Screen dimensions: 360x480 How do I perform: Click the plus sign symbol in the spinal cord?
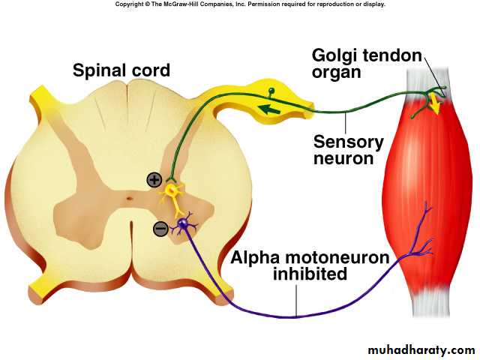tap(154, 179)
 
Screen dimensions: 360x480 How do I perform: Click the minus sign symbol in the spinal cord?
tap(160, 229)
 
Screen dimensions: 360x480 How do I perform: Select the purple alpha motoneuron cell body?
tap(182, 223)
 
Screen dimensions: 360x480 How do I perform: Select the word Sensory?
tap(349, 142)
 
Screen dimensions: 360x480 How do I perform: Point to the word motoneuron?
tap(337, 257)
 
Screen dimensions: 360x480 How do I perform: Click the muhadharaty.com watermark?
tap(421, 349)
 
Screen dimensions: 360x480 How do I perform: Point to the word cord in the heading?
tap(151, 71)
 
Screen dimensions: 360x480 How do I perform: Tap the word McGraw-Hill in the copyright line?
tap(195, 4)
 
